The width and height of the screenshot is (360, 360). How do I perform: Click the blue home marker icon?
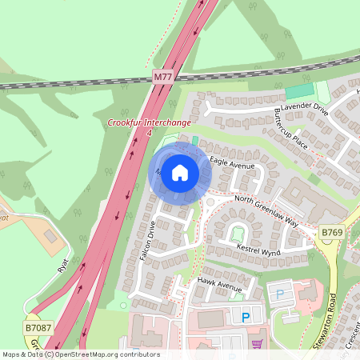point(180,171)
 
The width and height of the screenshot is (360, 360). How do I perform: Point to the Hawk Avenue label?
point(219,286)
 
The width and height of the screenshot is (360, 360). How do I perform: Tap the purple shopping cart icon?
point(256,344)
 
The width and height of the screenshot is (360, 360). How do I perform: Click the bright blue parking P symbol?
point(246,318)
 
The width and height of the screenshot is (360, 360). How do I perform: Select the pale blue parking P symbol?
point(279,294)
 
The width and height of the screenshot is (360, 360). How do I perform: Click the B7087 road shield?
point(37,328)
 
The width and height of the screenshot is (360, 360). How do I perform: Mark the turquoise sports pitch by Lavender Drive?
point(301,91)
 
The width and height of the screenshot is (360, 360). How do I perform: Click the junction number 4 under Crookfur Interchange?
point(149,132)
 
